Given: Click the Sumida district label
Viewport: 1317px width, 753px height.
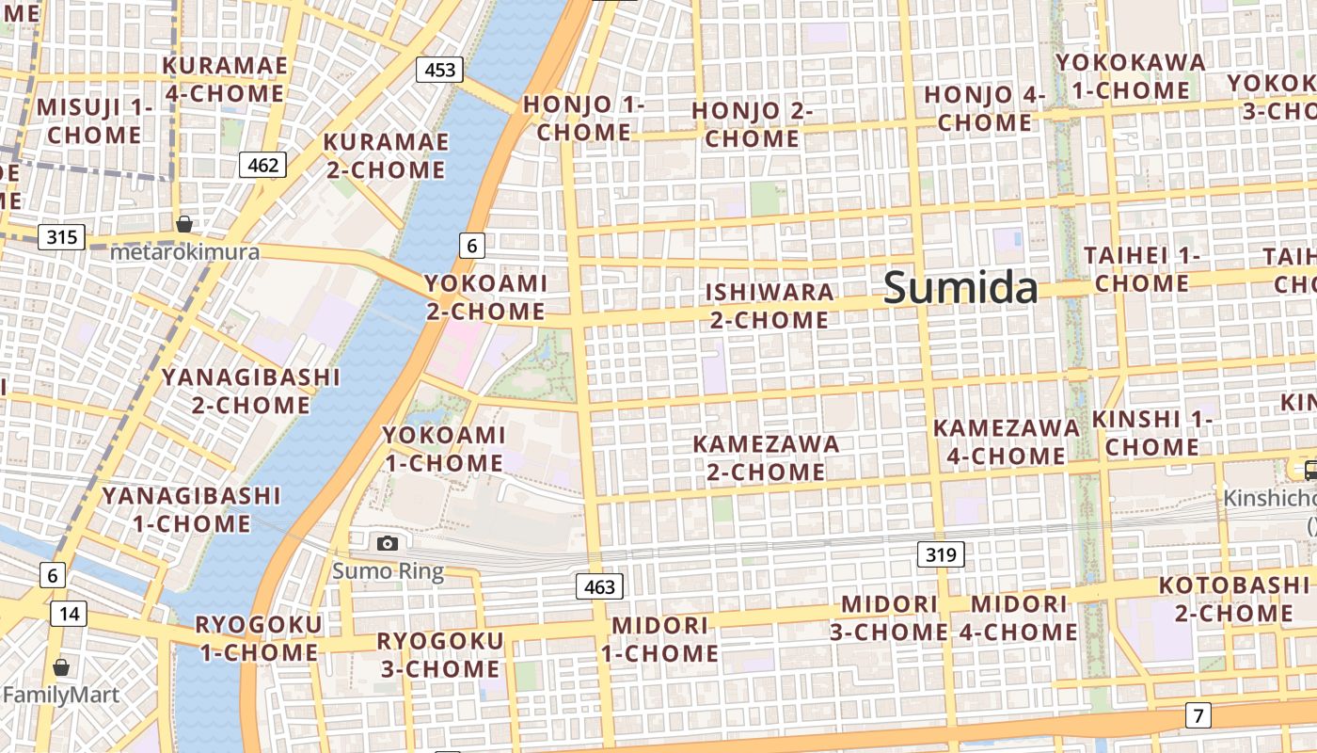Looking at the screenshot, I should click(960, 288).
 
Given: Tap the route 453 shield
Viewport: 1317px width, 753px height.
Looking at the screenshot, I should click(440, 69).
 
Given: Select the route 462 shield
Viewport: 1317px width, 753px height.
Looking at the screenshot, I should click(262, 166).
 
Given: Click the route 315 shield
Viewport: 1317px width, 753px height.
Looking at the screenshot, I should click(61, 236).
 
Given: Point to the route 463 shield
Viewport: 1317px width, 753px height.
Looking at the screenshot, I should click(599, 587).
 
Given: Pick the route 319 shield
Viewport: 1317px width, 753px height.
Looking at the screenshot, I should click(941, 555).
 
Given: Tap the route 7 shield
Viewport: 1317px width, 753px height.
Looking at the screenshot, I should click(1198, 715).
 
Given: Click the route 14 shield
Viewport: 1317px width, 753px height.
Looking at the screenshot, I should click(69, 615).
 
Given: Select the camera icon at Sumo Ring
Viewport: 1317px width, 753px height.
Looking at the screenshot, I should click(387, 543).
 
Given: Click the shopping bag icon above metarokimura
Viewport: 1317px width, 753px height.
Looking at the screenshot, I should click(184, 224).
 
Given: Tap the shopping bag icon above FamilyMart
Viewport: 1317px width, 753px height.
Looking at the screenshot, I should click(61, 667).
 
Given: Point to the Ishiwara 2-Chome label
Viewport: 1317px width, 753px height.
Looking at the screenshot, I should click(770, 306).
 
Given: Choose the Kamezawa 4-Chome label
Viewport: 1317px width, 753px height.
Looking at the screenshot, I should click(1006, 442).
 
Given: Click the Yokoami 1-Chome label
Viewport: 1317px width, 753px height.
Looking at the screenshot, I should click(443, 449).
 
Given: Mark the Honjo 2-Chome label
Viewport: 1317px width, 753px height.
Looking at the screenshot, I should click(752, 124).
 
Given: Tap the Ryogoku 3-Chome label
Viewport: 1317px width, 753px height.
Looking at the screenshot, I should click(439, 655).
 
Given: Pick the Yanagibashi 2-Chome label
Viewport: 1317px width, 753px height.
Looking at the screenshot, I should click(250, 391).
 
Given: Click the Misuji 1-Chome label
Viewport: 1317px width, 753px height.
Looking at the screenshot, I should click(94, 120).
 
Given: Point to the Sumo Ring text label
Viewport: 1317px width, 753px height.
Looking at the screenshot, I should click(387, 571).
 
